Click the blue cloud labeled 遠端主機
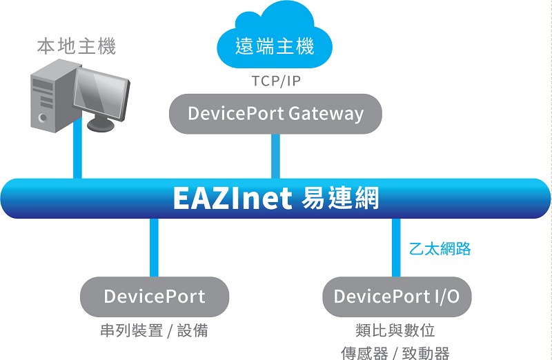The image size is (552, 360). (x=275, y=37)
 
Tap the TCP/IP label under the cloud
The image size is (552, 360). (x=276, y=81)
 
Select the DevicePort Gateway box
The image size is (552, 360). (x=275, y=114)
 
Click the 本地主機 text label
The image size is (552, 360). (x=77, y=46)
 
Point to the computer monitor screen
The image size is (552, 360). (x=101, y=94)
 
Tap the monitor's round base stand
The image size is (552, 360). (x=101, y=125)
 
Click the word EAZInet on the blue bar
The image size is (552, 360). (x=233, y=199)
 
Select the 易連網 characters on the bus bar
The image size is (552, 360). (x=340, y=198)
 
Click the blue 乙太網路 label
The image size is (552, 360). (x=440, y=249)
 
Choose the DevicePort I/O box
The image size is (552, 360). (x=397, y=297)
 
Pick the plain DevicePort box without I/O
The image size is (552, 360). (x=155, y=297)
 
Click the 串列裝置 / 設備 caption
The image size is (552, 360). (x=154, y=330)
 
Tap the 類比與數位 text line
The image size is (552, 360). (x=395, y=330)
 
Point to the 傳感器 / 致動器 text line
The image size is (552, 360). (x=395, y=352)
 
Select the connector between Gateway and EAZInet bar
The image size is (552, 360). (x=275, y=157)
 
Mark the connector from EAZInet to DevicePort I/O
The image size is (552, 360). (x=396, y=248)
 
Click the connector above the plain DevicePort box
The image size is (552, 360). (x=154, y=248)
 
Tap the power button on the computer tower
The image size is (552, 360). (x=43, y=117)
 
